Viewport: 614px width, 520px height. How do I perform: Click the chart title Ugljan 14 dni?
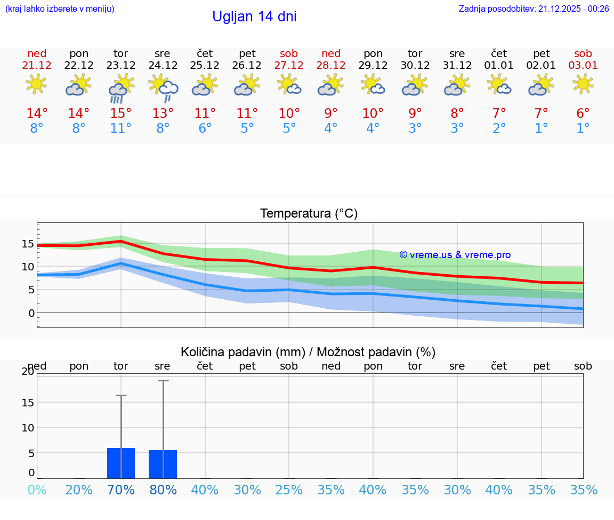point(254,17)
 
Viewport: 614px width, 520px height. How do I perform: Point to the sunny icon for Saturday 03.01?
point(583,84)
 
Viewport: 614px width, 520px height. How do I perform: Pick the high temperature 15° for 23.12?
point(121,114)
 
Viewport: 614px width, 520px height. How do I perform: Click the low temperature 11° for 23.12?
point(121,129)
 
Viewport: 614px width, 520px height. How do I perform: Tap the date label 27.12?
point(289,66)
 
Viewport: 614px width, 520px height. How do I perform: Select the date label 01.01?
point(499,66)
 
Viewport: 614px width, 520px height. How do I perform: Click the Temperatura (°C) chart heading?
point(309,214)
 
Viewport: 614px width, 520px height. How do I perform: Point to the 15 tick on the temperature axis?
point(28,244)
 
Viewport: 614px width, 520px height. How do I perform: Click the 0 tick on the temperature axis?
point(31,313)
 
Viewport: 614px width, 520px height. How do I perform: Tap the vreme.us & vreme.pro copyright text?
point(455,255)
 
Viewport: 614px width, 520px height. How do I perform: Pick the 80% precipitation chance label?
point(163,490)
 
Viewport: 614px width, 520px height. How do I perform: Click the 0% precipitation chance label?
point(37,490)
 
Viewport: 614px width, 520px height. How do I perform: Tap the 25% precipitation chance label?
point(289,490)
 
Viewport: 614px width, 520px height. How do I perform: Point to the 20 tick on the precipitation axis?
point(28,372)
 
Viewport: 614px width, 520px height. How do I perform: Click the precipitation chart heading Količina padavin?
point(308,352)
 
